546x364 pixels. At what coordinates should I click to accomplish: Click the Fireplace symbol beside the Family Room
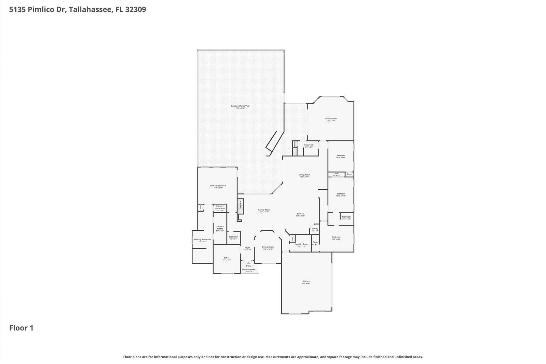241,205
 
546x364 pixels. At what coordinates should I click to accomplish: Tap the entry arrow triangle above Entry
248,263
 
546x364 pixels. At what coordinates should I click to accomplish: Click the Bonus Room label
331,119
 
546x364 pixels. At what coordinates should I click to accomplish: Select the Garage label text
306,281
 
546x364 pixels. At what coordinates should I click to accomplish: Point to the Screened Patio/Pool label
240,106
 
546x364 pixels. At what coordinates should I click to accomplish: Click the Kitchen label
300,214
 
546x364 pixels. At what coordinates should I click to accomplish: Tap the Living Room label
304,175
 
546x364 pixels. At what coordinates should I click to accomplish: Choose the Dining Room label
268,247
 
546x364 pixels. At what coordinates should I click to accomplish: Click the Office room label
227,258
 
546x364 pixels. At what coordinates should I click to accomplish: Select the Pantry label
315,229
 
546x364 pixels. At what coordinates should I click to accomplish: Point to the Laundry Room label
301,244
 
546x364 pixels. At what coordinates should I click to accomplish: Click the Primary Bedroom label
218,186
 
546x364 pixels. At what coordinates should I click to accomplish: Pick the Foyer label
247,248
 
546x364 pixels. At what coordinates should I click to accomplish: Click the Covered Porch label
249,270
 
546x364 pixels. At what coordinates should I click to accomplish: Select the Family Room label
264,210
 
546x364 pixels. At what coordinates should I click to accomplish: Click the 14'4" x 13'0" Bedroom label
336,237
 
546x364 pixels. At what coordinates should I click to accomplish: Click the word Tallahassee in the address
90,9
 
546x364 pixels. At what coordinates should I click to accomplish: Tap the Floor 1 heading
21,328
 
